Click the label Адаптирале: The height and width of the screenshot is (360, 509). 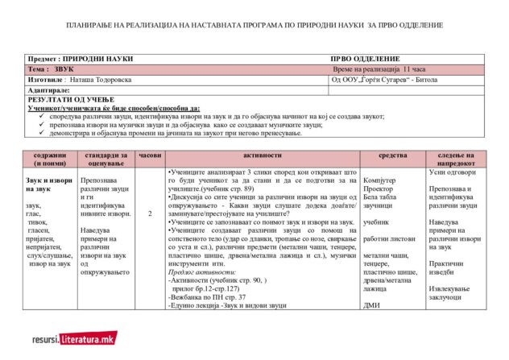pyautogui.click(x=50, y=89)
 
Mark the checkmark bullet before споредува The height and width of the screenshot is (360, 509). pyautogui.click(x=41, y=116)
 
